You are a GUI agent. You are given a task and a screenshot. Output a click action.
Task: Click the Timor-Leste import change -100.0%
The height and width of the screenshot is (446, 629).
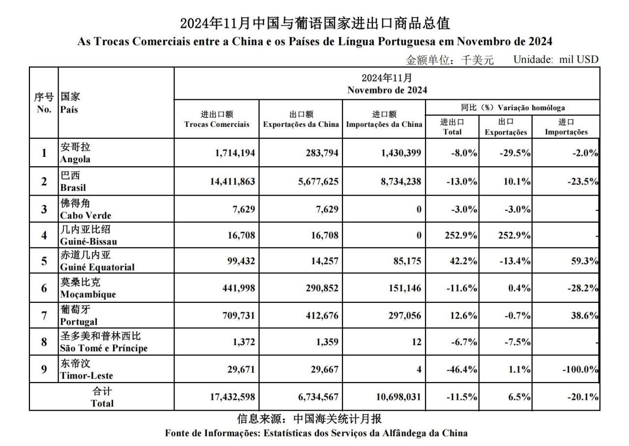point(579,369)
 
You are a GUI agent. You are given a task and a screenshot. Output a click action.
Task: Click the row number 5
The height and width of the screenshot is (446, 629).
point(44,261)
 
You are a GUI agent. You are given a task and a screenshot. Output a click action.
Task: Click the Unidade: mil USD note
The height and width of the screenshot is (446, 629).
point(556,59)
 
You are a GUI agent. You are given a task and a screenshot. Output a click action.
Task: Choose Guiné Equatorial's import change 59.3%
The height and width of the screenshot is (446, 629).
point(585,261)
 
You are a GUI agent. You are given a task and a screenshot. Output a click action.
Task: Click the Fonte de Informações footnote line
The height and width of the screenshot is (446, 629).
point(316,433)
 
